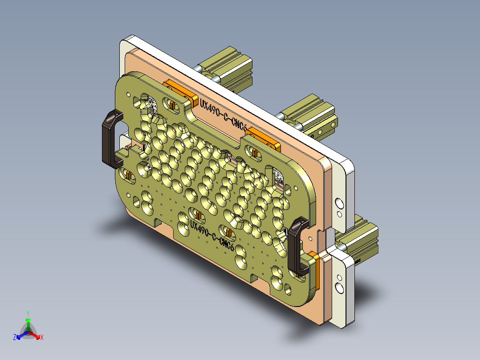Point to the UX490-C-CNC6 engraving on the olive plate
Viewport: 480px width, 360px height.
tap(212, 234)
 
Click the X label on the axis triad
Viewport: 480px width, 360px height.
tap(42, 338)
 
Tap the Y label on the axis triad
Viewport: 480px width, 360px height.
tap(28, 313)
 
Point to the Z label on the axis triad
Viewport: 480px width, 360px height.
tap(15, 338)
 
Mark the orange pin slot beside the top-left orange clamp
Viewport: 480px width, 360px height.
tap(171, 105)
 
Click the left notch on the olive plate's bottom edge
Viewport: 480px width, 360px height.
tap(157, 221)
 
